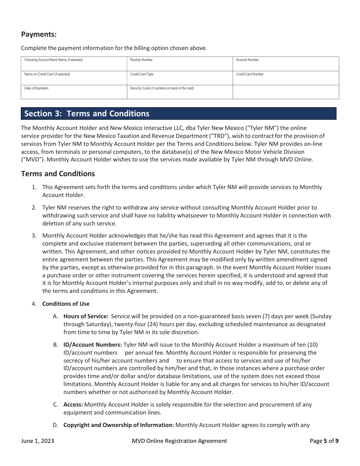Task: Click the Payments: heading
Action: click(x=39, y=34)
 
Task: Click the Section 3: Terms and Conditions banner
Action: click(x=178, y=114)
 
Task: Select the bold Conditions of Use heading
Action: click(x=66, y=304)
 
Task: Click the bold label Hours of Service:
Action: click(x=86, y=316)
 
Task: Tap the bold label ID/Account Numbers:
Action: click(x=92, y=345)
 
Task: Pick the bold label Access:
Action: click(x=73, y=405)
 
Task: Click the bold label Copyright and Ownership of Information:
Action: click(x=119, y=425)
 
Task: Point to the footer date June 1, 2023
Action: click(x=38, y=441)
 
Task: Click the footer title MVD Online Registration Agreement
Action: click(x=179, y=441)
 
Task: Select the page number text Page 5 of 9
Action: click(x=324, y=441)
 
